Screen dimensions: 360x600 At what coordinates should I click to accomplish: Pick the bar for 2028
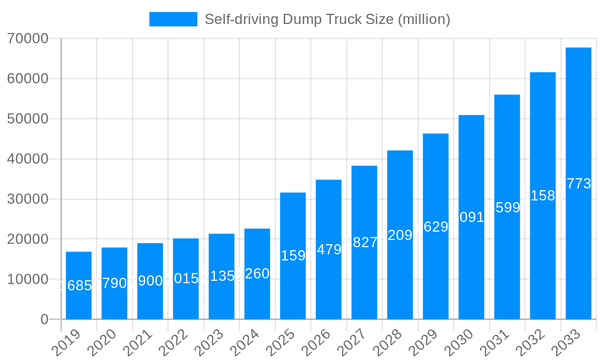pyautogui.click(x=400, y=235)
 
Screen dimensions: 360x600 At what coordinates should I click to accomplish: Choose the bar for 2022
pyautogui.click(x=186, y=279)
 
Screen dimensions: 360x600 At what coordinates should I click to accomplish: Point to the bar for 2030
pyautogui.click(x=471, y=217)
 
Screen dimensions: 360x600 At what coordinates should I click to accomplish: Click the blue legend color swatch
pyautogui.click(x=173, y=19)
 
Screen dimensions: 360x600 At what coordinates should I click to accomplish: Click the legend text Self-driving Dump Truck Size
pyautogui.click(x=327, y=19)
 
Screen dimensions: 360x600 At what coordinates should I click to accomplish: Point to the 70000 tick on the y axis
pyautogui.click(x=27, y=39)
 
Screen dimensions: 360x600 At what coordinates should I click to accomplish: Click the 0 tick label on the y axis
pyautogui.click(x=44, y=320)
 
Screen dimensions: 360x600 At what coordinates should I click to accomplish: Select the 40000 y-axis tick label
pyautogui.click(x=27, y=159)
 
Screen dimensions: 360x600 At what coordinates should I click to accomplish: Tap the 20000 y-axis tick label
pyautogui.click(x=27, y=239)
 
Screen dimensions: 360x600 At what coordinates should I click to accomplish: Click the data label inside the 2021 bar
pyautogui.click(x=150, y=281)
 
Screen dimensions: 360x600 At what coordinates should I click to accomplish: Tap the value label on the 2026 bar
pyautogui.click(x=328, y=250)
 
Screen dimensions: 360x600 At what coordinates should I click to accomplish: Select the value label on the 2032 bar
pyautogui.click(x=542, y=196)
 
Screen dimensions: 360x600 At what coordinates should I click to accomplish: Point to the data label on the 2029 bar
pyautogui.click(x=436, y=227)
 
